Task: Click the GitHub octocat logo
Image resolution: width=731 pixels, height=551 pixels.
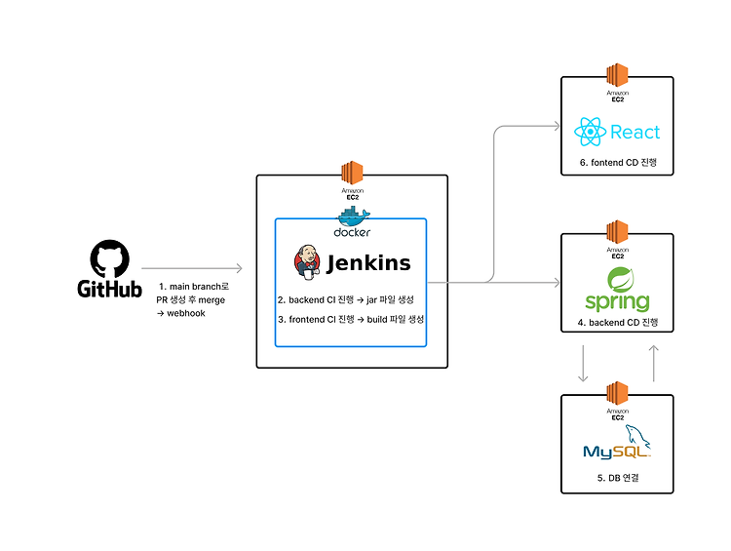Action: [109, 259]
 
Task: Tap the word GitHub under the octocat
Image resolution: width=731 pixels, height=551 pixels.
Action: [109, 289]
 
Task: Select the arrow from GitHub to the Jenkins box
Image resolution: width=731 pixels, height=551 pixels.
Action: [192, 268]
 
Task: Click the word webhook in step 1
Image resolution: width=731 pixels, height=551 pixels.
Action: [186, 313]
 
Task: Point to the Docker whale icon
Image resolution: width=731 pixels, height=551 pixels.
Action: [354, 216]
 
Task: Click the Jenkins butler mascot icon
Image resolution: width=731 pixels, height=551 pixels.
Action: [307, 262]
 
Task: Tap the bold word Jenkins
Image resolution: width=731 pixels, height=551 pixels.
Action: [368, 263]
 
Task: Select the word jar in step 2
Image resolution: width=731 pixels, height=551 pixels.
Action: [371, 300]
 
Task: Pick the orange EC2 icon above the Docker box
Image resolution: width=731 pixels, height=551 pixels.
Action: [352, 173]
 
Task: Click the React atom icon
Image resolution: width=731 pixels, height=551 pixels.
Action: [591, 132]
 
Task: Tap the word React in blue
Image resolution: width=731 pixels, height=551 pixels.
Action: [635, 132]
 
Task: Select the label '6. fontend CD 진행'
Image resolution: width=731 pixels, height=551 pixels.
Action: [618, 162]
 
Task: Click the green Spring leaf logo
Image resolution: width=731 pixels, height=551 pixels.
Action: [621, 280]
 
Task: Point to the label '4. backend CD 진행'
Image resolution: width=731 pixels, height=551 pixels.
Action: [618, 323]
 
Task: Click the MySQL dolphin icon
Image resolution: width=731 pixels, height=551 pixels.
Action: [637, 436]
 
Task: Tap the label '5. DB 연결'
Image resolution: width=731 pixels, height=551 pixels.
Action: [618, 478]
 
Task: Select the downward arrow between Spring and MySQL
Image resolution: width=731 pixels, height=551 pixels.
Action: [583, 364]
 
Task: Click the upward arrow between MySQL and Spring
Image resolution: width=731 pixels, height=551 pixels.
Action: [654, 364]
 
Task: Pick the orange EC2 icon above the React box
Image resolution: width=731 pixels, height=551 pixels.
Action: [617, 75]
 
